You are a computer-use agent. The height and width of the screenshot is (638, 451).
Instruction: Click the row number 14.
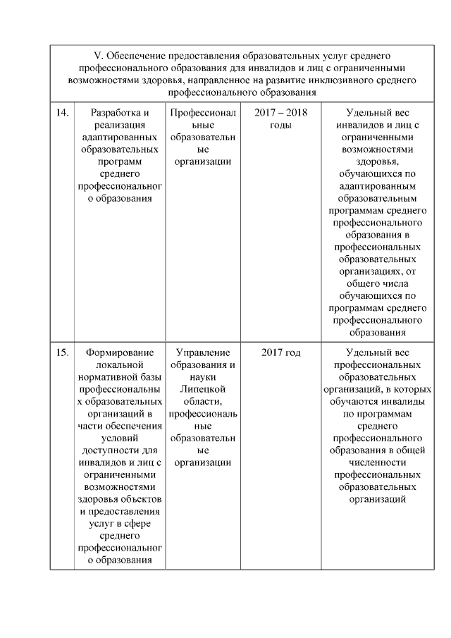click(x=61, y=113)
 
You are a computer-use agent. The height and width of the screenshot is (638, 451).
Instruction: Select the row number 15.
click(x=61, y=352)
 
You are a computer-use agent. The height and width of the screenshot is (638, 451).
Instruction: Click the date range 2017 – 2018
click(x=280, y=113)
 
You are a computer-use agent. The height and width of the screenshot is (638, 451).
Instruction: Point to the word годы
click(x=280, y=125)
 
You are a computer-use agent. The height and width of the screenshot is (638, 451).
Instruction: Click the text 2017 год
click(x=280, y=352)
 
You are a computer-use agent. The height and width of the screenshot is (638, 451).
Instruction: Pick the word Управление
click(x=203, y=352)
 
